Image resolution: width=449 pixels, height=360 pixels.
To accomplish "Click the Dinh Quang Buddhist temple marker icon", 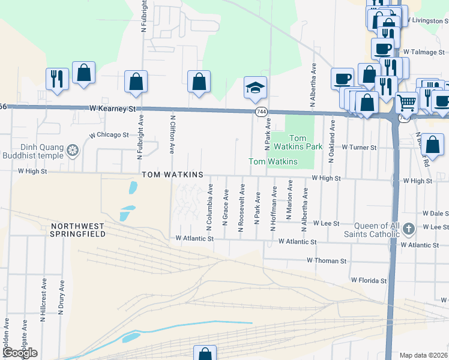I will coord(73,149).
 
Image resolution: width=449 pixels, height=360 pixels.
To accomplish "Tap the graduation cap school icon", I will coord(255,88).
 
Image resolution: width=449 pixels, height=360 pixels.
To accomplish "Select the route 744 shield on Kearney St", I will coord(261,112).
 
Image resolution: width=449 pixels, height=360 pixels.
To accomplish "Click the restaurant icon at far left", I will coord(58,79).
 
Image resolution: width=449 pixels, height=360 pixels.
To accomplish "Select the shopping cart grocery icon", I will coord(406,104).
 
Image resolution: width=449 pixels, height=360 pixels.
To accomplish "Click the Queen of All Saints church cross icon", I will coord(409,228).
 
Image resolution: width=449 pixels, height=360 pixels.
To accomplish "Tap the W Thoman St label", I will coord(327,261).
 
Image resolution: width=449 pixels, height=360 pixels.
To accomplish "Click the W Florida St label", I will coord(369,280).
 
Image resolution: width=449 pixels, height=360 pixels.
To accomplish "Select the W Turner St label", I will coord(359,147).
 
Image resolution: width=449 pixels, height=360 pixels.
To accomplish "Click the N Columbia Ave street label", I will coord(210,205).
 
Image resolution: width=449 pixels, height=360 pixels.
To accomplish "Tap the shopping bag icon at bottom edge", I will coord(205,354).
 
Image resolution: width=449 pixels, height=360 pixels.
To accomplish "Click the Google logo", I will coord(20,353).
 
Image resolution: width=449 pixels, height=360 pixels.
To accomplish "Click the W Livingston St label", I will coord(427,20).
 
